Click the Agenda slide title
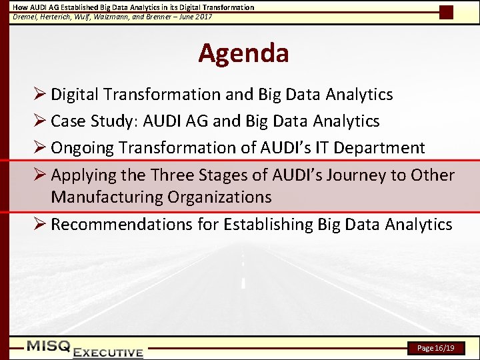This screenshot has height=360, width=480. click(243, 53)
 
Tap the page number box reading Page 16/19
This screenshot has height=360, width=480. click(435, 348)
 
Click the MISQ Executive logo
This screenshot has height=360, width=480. click(85, 349)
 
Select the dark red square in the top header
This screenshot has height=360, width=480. click(446, 12)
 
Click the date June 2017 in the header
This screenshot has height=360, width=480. click(195, 17)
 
